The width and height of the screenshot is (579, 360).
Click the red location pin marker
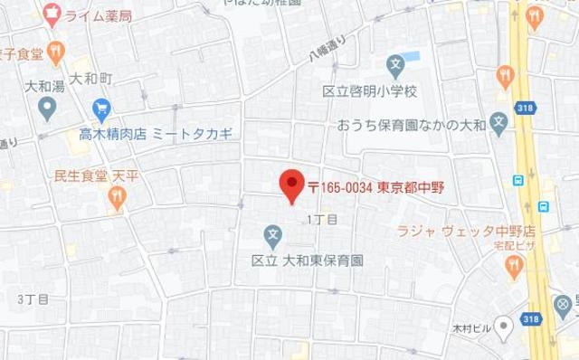click(290, 185)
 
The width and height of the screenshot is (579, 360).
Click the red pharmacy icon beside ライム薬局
click(52, 14)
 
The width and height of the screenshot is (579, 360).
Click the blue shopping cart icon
click(100, 109)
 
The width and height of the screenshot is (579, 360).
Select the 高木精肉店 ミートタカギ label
click(155, 133)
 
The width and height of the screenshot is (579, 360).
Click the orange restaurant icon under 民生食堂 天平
click(117, 200)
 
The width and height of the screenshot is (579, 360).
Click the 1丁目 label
click(322, 220)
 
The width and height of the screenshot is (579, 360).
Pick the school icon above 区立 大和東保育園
click(272, 237)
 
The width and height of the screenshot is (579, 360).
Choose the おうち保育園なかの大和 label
click(411, 124)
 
